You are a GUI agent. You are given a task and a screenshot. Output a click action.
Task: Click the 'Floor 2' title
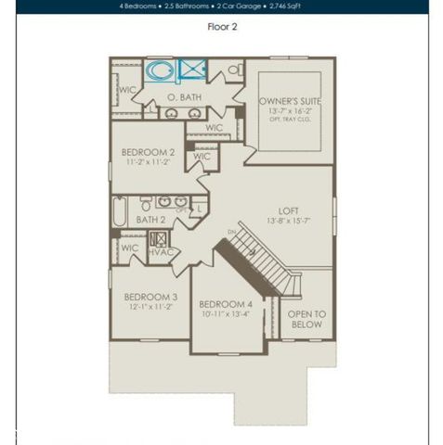[x=222, y=27]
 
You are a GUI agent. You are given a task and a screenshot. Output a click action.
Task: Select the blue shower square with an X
[x=193, y=70]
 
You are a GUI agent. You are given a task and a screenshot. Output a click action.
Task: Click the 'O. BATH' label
[x=185, y=96]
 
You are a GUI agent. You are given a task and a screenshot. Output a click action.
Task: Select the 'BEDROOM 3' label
[x=150, y=298]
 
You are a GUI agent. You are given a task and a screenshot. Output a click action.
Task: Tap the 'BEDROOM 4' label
[x=225, y=304]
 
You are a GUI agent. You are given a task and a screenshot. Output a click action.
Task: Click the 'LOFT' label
[x=289, y=210]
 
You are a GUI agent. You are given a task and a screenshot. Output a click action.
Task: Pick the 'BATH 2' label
[x=150, y=220]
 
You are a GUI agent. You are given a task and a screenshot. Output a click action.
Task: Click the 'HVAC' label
[x=162, y=250]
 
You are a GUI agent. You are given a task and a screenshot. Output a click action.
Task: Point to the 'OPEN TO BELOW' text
[x=306, y=320]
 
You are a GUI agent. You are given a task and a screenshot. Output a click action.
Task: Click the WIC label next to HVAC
[x=130, y=248]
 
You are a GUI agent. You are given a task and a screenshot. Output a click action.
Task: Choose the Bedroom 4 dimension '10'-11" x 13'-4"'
[x=225, y=314]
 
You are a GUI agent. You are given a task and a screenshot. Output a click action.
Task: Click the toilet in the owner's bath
[x=233, y=70]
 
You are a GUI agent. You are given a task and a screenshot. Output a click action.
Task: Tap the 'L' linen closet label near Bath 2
[x=201, y=210]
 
